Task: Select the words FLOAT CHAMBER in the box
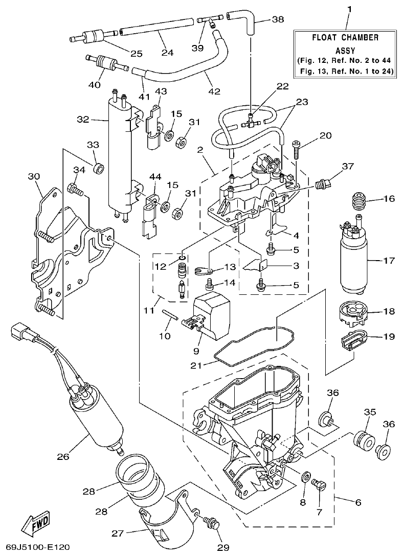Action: pyautogui.click(x=346, y=37)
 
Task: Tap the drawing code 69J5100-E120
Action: pyautogui.click(x=34, y=548)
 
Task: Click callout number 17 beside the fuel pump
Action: pyautogui.click(x=389, y=261)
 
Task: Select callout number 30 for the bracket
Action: pyautogui.click(x=33, y=176)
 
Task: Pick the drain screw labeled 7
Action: pyautogui.click(x=320, y=484)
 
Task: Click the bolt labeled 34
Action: pyautogui.click(x=75, y=190)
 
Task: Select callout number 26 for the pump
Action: pyautogui.click(x=63, y=456)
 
